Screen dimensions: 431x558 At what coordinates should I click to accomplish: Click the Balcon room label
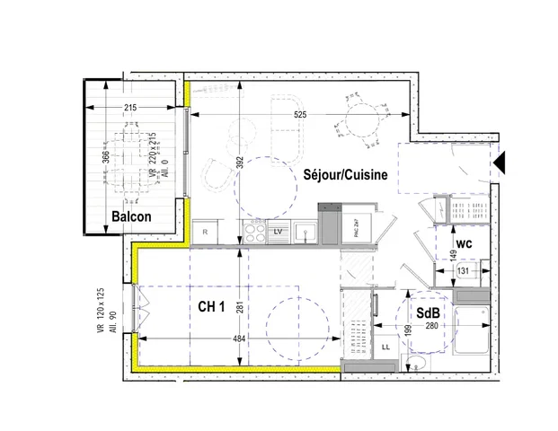pyautogui.click(x=131, y=216)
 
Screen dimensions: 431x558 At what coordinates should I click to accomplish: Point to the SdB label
pyautogui.click(x=427, y=312)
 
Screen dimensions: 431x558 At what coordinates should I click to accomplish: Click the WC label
pyautogui.click(x=464, y=243)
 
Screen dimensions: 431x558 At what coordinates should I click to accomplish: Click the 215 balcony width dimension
pyautogui.click(x=131, y=108)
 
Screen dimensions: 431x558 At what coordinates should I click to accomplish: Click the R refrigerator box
pyautogui.click(x=206, y=233)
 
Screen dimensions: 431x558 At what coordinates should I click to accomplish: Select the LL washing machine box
pyautogui.click(x=386, y=345)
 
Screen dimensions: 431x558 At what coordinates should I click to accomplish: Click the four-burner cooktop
pyautogui.click(x=254, y=233)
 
